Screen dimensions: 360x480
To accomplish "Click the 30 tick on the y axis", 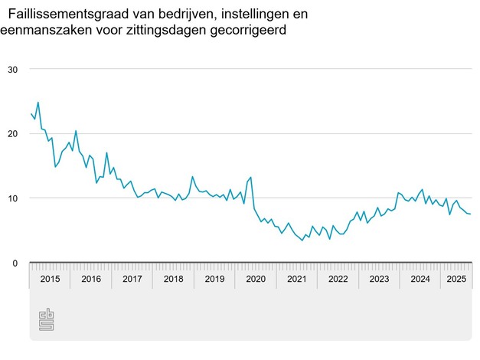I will (x=12, y=69).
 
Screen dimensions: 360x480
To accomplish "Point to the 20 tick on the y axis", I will (x=12, y=133).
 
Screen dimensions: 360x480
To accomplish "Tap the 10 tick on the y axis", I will (x=12, y=198).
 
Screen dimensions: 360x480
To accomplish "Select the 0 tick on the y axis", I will (x=15, y=263).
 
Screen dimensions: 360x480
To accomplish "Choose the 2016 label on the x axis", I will (x=90, y=280).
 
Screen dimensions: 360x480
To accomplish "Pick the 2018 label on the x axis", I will (x=173, y=280).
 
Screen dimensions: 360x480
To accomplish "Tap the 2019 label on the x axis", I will (x=214, y=280).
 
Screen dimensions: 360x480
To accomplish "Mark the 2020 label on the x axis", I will (x=256, y=280).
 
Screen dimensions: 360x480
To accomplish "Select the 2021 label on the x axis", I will (x=297, y=280).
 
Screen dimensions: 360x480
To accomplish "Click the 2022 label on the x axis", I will (x=338, y=280).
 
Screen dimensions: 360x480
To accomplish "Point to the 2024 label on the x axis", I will (x=420, y=280).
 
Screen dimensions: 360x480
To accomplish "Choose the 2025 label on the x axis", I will (x=457, y=280).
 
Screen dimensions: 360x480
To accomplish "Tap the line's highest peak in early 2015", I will (x=38, y=102).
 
